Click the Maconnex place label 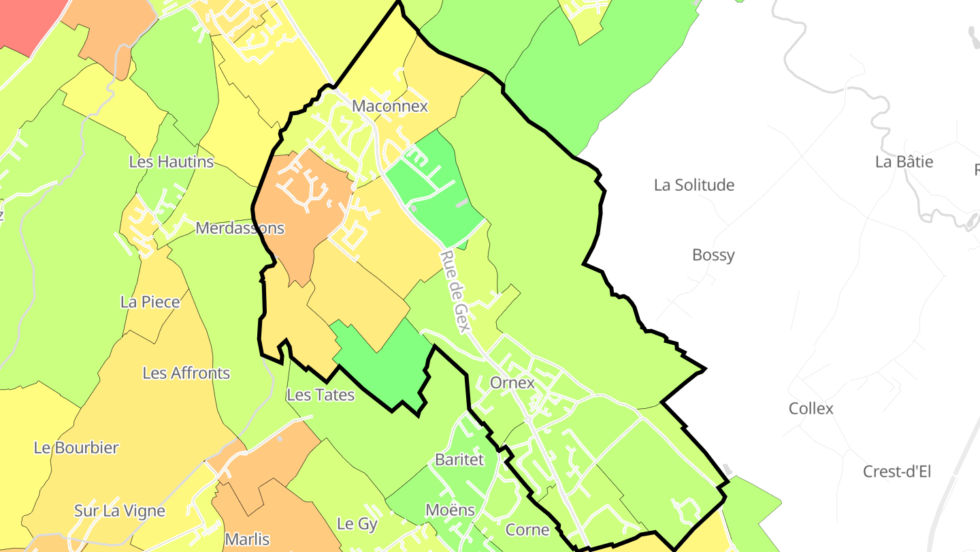click(390, 106)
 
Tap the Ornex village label click(512, 382)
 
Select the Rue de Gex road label click(455, 291)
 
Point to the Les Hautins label click(171, 162)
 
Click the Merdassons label click(240, 228)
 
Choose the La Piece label click(150, 302)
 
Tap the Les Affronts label click(186, 373)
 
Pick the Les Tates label click(321, 395)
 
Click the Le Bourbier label click(76, 448)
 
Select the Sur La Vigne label click(120, 510)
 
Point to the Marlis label click(247, 539)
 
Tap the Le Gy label click(357, 523)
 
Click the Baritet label click(459, 459)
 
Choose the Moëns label click(450, 509)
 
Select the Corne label click(527, 530)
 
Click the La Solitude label click(694, 185)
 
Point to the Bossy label click(713, 255)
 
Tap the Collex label click(811, 408)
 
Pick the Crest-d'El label click(897, 471)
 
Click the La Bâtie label click(904, 162)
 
